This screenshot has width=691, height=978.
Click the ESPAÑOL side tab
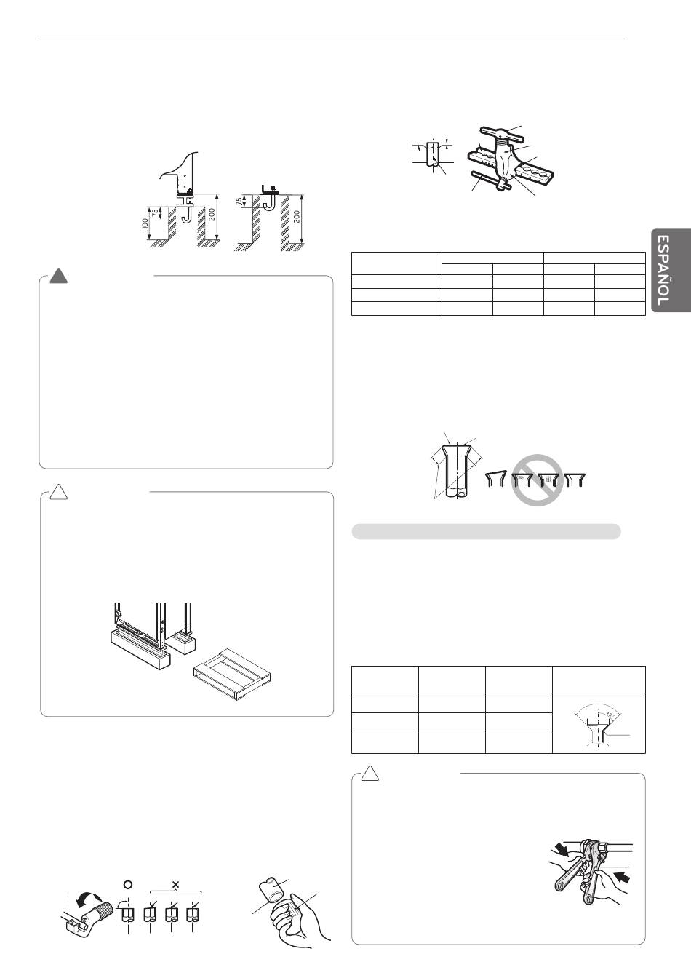pos(671,270)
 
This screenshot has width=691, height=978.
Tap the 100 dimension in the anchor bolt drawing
pos(145,223)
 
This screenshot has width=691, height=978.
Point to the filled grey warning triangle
pos(58,277)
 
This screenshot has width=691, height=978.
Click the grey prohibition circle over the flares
pos(537,480)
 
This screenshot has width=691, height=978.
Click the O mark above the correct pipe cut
pos(128,885)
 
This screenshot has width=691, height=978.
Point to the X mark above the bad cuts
pos(175,885)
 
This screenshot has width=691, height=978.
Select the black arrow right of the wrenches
pos(622,875)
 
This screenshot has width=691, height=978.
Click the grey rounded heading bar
pos(486,531)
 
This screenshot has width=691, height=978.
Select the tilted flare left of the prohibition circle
pos(495,479)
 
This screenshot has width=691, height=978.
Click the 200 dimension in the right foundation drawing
pos(297,217)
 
